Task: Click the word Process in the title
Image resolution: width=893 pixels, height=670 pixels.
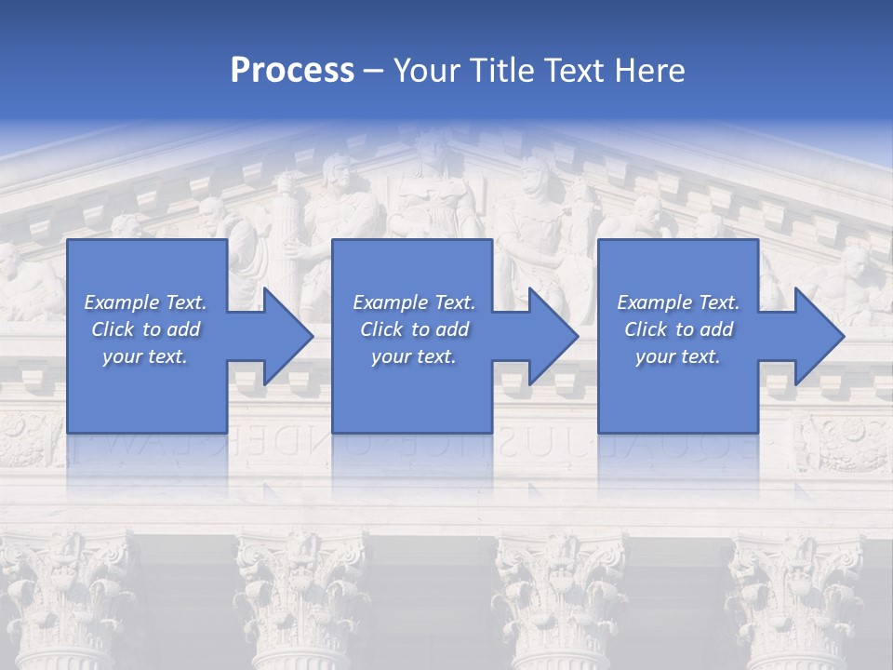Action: (x=292, y=71)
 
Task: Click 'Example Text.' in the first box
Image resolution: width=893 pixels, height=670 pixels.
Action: (x=145, y=302)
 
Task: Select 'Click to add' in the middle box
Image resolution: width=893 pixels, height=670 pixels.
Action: (x=414, y=329)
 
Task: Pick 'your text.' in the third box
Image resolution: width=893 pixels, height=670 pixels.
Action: (x=678, y=356)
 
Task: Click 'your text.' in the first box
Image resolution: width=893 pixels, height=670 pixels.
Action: (x=145, y=356)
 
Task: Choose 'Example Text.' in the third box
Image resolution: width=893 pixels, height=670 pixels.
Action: (x=678, y=302)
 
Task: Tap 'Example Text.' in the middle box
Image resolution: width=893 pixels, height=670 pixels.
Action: (x=414, y=302)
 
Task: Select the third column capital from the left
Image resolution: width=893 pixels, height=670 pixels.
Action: (x=558, y=577)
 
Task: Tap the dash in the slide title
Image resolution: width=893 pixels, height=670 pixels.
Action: (x=374, y=72)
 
